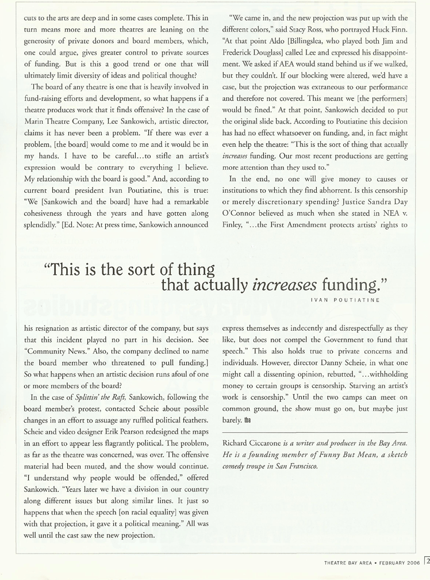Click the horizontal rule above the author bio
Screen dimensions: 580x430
click(x=314, y=431)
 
